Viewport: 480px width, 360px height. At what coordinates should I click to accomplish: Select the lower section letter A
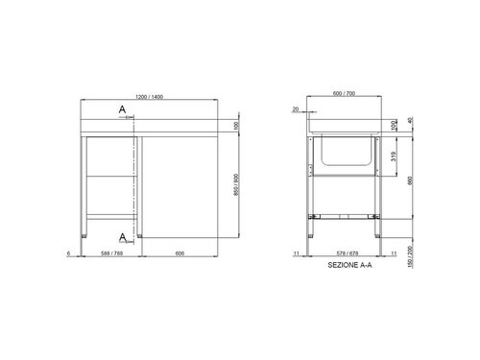[123, 235]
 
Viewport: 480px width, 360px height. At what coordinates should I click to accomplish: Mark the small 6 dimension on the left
[70, 254]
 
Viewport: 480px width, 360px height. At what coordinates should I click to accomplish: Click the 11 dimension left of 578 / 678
[297, 254]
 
